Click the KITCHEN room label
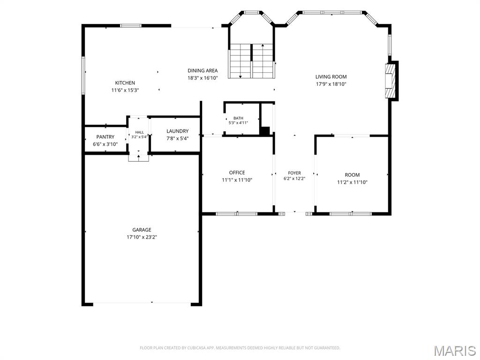[x=125, y=82]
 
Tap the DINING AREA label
[x=202, y=70]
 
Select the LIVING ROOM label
[x=331, y=76]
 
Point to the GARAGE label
[x=142, y=230]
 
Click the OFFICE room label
[x=237, y=172]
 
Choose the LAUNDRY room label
[x=178, y=131]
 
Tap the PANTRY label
[x=105, y=137]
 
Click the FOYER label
[x=294, y=173]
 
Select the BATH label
[x=239, y=118]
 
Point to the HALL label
[x=140, y=132]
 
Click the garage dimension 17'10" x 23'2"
[x=142, y=237]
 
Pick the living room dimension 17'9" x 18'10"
[x=331, y=84]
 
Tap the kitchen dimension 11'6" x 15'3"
[x=125, y=90]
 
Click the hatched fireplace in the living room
[x=390, y=81]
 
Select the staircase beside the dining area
[x=252, y=61]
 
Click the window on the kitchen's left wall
[x=82, y=75]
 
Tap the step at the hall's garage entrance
[x=139, y=157]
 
